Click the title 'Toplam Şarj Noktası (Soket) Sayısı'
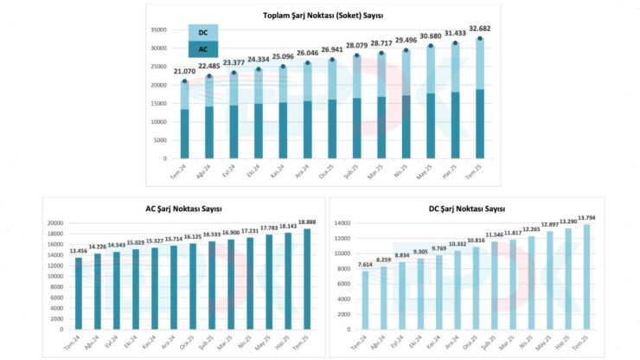click(323, 16)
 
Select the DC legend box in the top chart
click(202, 33)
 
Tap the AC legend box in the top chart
click(202, 50)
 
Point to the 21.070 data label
click(184, 72)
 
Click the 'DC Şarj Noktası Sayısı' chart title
click(470, 209)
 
